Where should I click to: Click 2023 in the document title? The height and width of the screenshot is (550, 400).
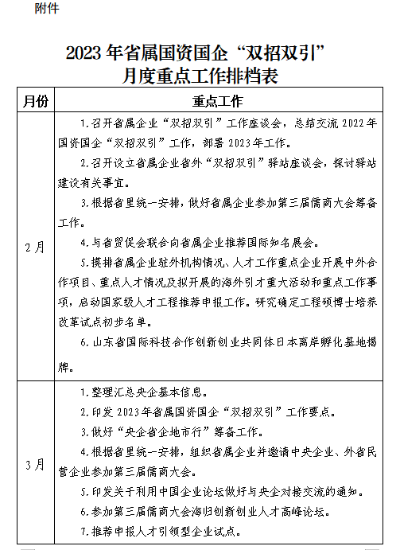80,54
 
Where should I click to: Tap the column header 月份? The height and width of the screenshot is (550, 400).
36,102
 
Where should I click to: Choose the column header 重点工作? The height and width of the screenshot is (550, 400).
217,102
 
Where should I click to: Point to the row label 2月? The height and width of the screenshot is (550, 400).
36,247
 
